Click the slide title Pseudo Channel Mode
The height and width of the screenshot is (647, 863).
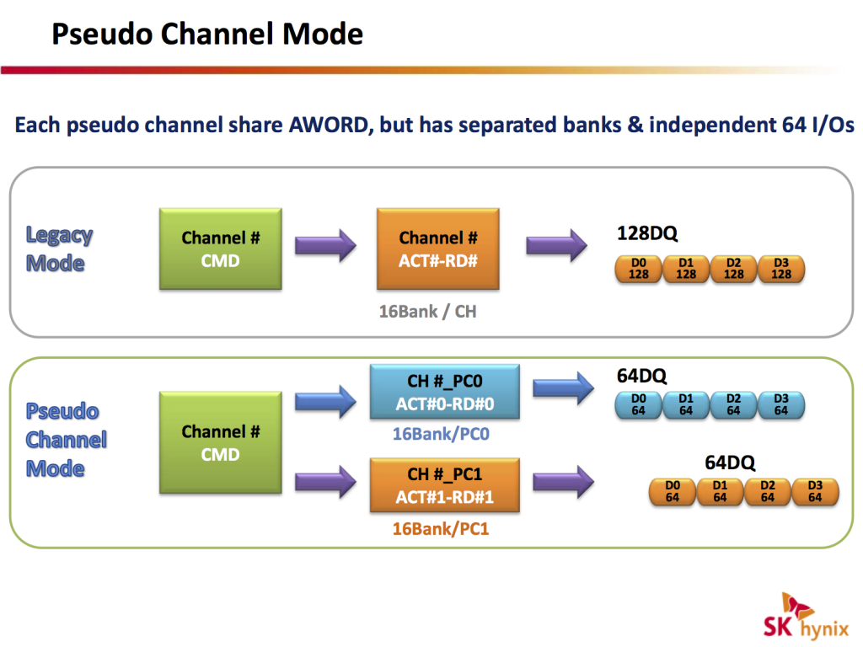click(x=207, y=34)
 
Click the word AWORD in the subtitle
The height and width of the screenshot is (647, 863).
click(x=330, y=126)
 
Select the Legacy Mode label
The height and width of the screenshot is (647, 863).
click(x=59, y=249)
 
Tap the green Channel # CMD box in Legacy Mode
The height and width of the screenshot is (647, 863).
click(x=222, y=249)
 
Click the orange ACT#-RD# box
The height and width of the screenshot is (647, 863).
click(x=437, y=249)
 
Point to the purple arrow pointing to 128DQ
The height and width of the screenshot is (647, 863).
click(x=555, y=246)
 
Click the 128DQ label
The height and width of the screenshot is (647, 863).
click(x=647, y=233)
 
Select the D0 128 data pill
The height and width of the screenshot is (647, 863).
click(x=639, y=269)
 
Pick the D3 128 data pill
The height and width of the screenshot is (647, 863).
click(x=781, y=269)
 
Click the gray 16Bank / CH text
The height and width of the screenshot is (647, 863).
click(x=427, y=312)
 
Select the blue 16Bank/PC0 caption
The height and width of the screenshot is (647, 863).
click(x=441, y=434)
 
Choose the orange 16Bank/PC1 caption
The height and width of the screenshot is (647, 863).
click(x=441, y=529)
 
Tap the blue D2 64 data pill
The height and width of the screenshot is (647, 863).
click(x=733, y=404)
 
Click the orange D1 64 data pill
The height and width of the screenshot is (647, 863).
click(x=720, y=491)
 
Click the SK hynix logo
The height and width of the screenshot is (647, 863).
click(x=805, y=619)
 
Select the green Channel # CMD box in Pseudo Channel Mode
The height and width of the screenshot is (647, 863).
click(x=222, y=443)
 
